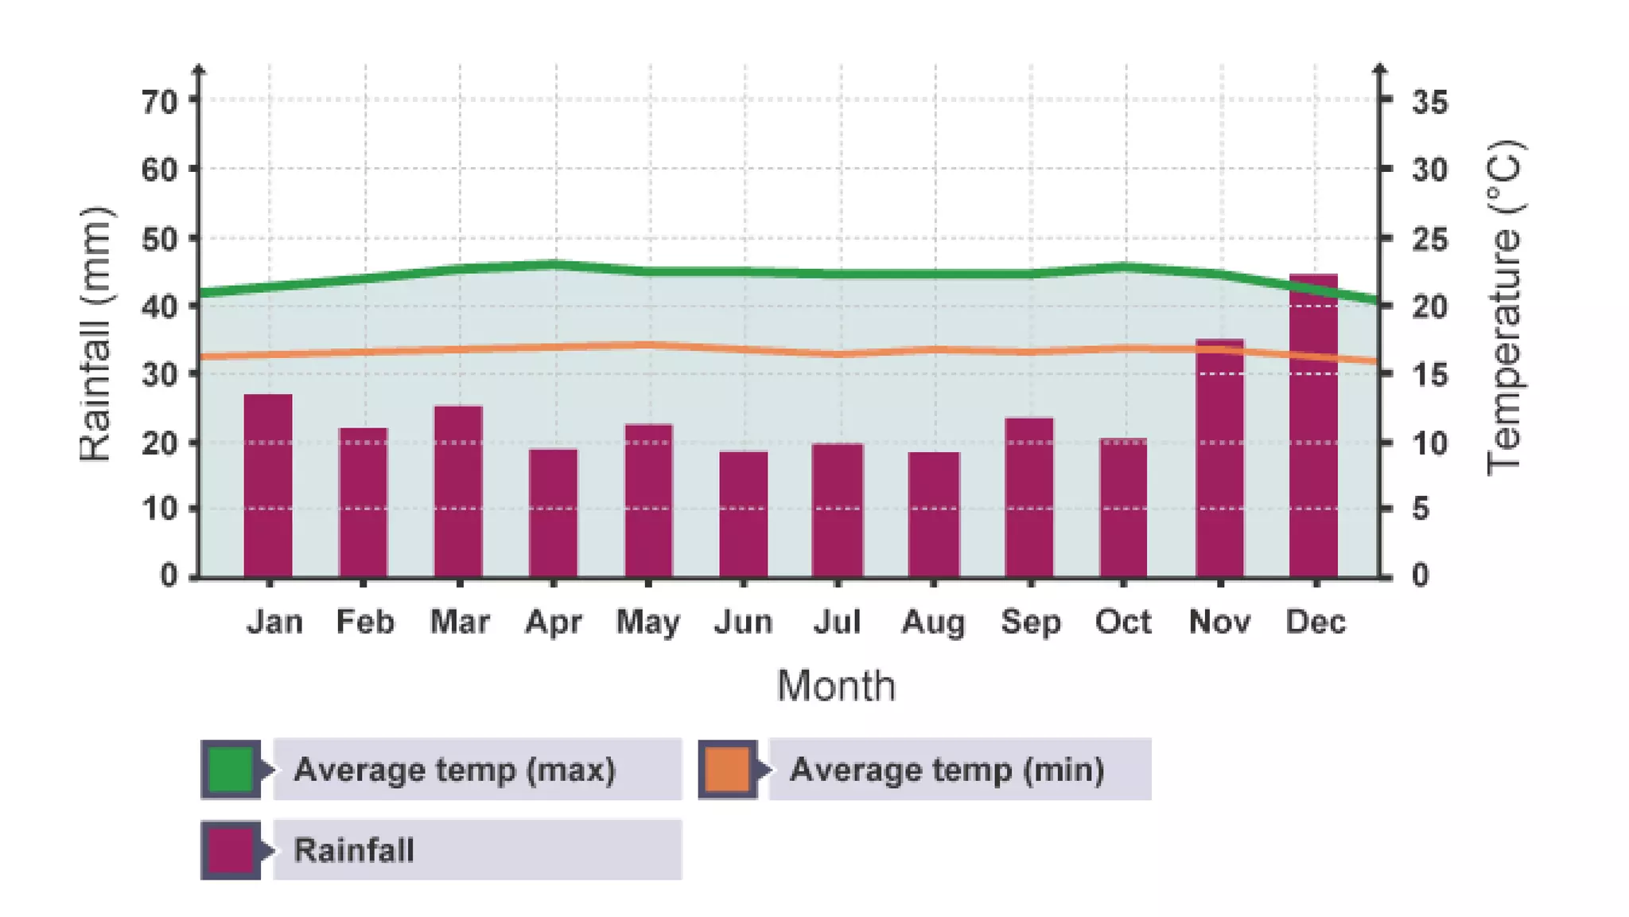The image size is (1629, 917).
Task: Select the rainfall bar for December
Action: click(1313, 426)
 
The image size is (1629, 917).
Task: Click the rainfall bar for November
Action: click(1219, 458)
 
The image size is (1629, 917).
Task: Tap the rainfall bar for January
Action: click(268, 486)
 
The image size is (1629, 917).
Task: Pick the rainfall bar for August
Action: click(934, 514)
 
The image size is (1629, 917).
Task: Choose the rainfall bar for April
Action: click(554, 513)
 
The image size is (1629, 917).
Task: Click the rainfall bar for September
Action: click(1029, 497)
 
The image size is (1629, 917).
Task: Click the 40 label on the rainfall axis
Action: click(159, 306)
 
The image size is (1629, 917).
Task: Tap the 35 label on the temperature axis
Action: click(1429, 102)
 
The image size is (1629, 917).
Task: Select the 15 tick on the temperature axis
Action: click(1386, 373)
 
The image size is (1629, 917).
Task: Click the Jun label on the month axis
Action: click(743, 622)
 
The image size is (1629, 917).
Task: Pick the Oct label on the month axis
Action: click(1122, 622)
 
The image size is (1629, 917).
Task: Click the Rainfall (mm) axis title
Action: click(96, 334)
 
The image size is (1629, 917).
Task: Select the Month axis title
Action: click(836, 685)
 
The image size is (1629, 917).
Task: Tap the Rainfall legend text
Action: click(354, 850)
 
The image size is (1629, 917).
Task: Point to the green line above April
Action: click(554, 263)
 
